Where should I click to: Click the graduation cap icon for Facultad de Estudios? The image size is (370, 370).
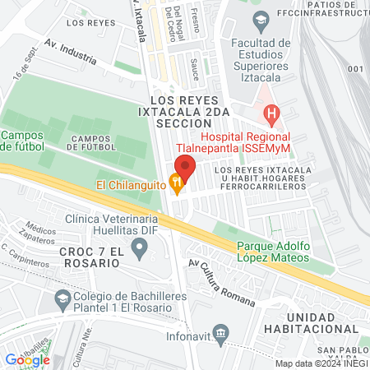[x=261, y=19]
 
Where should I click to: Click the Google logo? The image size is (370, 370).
[x=27, y=359]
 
